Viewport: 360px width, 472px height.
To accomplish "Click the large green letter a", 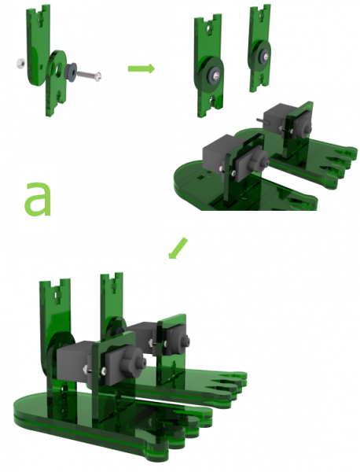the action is point(38,199).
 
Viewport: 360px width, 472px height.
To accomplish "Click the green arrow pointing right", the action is point(141,68).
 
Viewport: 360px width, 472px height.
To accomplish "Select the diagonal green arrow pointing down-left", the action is point(178,248).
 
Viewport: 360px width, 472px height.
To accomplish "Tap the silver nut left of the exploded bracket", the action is point(20,64).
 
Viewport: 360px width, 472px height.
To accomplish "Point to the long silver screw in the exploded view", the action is point(89,75).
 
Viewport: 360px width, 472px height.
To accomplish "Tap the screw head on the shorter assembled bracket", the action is point(265,55).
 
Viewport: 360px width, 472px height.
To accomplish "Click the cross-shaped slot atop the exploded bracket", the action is point(41,18).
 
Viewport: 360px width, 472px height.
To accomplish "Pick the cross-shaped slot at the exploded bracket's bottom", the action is point(59,96).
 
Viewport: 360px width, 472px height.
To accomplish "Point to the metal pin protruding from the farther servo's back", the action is point(260,120).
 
